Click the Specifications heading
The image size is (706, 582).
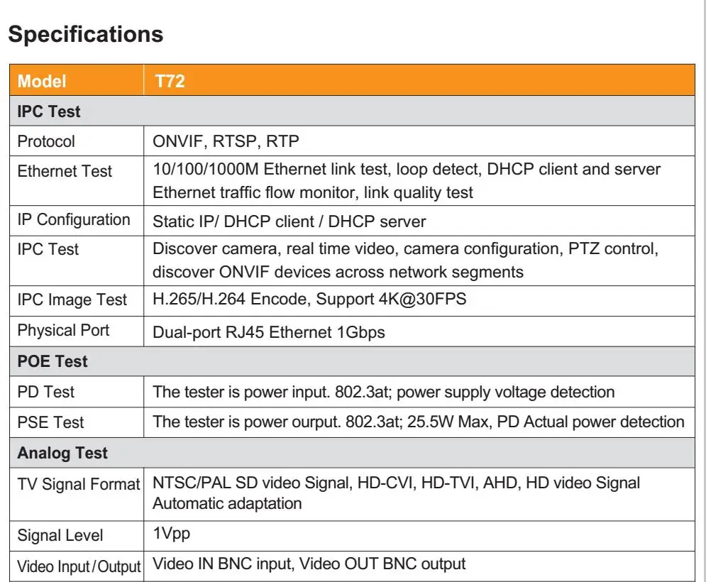[x=86, y=34]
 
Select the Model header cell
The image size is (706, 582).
[x=42, y=81]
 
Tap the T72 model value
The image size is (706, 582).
[x=170, y=81]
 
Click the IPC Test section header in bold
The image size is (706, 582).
[x=49, y=111]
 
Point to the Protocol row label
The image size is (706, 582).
[x=46, y=141]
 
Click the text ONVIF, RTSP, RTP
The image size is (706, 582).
[x=226, y=141]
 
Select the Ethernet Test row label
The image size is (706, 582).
[x=65, y=171]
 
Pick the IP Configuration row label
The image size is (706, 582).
[x=74, y=219]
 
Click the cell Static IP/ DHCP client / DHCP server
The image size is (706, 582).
[x=289, y=221]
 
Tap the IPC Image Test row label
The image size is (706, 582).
[x=72, y=300]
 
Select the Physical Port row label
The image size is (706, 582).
[x=63, y=330]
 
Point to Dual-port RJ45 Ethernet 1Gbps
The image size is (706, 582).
[x=269, y=331]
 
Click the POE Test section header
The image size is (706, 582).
[x=53, y=361]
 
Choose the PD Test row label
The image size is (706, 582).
[x=46, y=391]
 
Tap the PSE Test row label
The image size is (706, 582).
[x=50, y=422]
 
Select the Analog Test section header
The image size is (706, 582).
[x=62, y=453]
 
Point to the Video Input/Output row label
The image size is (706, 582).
[x=79, y=566]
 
